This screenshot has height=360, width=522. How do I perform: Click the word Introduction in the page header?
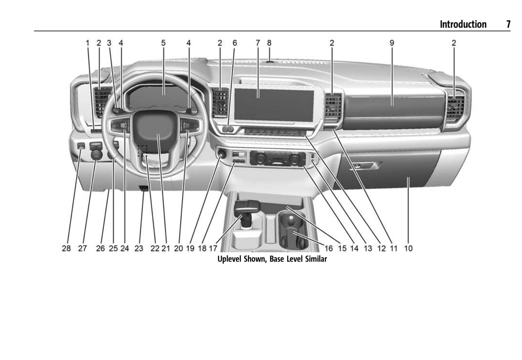point(463,24)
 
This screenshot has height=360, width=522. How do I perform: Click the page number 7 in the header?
point(508,24)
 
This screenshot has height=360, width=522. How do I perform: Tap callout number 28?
point(66,248)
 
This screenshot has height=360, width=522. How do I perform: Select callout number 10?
point(408,248)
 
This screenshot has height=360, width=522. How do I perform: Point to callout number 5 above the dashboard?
point(163,43)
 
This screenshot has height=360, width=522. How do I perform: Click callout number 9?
point(392,43)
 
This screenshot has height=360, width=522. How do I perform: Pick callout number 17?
point(213,248)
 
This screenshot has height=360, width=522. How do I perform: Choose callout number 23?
point(139,248)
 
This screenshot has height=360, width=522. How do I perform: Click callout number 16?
point(329,248)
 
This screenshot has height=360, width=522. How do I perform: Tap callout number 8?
point(269,43)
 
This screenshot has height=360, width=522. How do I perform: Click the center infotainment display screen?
point(274,105)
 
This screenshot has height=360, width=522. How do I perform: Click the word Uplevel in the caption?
point(230,259)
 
